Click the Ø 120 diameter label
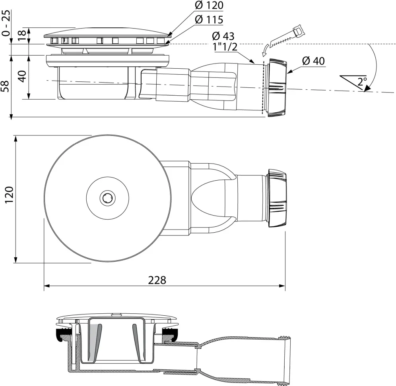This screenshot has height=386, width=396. [209, 5]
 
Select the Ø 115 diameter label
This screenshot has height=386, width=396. [209, 19]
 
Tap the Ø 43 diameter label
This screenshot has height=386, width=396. [223, 36]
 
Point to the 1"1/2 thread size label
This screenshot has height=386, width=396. [226, 47]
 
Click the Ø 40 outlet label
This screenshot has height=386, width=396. [313, 61]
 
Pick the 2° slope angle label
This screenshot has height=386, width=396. [362, 81]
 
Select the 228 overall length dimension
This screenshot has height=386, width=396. [157, 280]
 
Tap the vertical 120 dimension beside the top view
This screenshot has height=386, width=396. [9, 195]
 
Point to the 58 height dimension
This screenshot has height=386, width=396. [6, 86]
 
